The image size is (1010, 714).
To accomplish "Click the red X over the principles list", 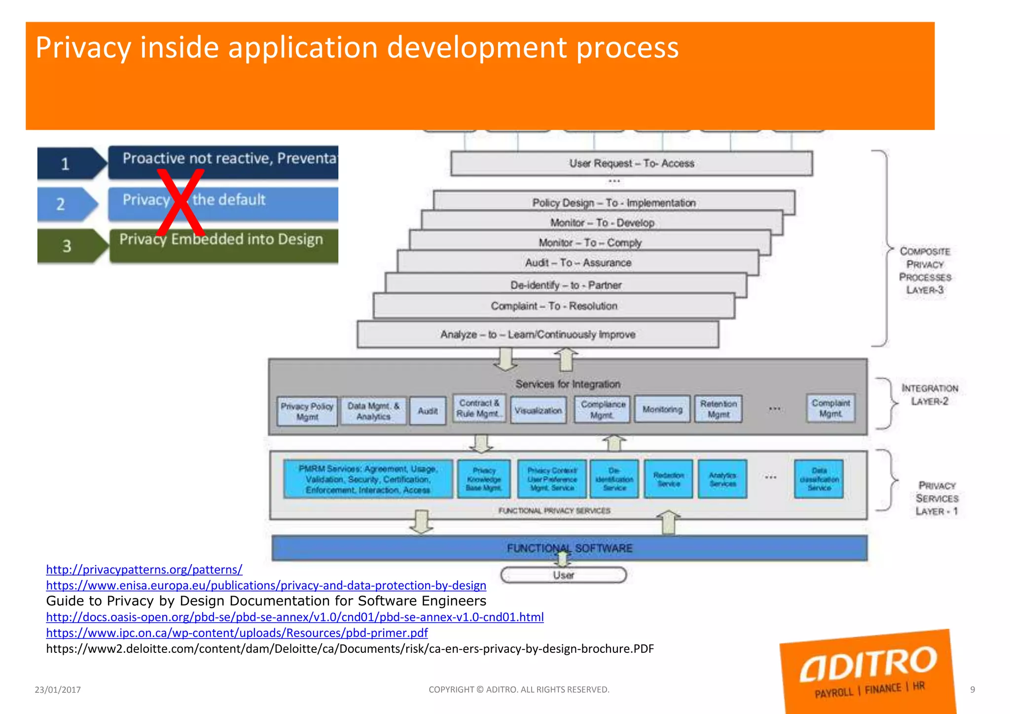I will coord(180,203).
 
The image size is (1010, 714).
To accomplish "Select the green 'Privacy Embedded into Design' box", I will coord(223,245).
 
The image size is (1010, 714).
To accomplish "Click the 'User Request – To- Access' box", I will coord(631,163).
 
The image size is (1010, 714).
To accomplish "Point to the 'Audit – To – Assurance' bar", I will coord(578,262).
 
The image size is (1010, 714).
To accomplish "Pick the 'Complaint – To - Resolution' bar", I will coord(554,306).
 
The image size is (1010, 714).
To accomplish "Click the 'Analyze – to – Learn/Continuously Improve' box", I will coord(538,334).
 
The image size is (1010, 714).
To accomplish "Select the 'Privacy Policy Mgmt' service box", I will coord(307,411).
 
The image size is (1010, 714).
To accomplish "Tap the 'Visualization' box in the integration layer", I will coord(538,410).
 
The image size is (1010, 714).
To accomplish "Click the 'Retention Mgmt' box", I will coord(718,409).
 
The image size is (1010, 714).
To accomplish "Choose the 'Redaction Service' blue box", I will coord(668,479).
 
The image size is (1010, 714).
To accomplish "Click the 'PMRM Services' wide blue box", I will coord(368,479).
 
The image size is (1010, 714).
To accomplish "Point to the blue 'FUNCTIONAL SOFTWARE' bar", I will coord(570,548).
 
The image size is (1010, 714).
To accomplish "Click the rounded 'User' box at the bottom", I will coord(563,575).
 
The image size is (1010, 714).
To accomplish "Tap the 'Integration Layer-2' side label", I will coord(929,394).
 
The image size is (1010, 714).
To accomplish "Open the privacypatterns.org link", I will coord(144,570).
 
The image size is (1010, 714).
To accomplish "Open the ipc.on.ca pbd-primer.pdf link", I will coord(237,633).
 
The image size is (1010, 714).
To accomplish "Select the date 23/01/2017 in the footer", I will coord(58,690).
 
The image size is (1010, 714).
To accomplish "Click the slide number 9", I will coord(972,690).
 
